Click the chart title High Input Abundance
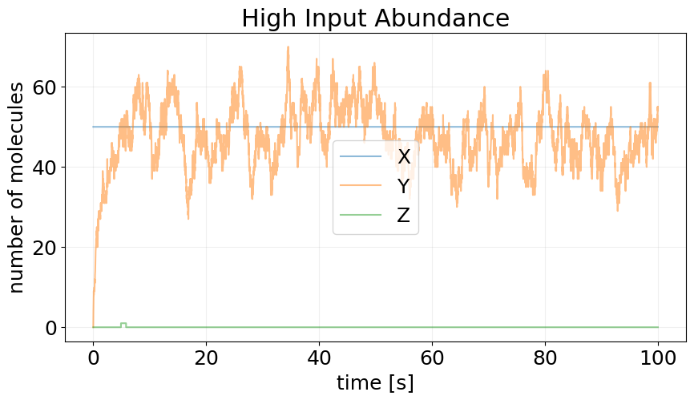pos(375,18)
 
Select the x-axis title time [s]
pos(375,383)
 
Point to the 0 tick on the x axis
pos(93,357)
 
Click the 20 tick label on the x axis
pos(206,357)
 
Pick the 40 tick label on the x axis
pos(319,357)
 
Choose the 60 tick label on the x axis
pos(432,357)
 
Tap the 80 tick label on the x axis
pos(545,357)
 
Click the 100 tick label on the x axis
pos(658,357)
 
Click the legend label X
pos(404,157)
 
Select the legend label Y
pos(404,187)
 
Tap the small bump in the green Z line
pos(123,324)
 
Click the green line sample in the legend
pos(361,216)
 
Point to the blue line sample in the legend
pos(361,157)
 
